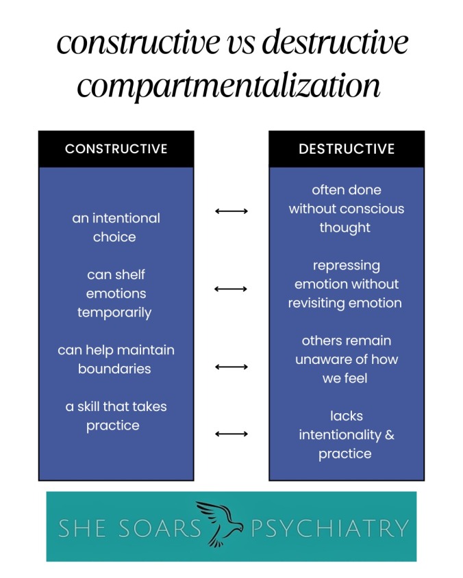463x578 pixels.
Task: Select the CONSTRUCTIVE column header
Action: point(116,148)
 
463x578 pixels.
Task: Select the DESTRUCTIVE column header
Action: point(347,148)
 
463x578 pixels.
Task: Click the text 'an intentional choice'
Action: point(116,228)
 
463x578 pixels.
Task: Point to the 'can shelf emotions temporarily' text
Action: point(116,293)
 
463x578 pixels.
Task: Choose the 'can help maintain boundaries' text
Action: point(116,359)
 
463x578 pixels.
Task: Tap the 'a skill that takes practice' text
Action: point(116,416)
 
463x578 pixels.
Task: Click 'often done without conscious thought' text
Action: point(347,209)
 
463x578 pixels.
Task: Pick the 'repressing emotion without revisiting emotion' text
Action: point(347,284)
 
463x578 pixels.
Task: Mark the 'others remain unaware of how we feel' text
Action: point(347,359)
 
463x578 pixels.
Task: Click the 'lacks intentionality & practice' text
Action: point(347,434)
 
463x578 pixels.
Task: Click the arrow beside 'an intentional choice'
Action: point(231,211)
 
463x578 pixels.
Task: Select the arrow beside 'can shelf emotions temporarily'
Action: point(231,289)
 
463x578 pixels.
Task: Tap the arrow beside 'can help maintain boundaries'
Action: point(231,367)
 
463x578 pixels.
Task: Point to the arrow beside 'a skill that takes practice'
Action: point(231,433)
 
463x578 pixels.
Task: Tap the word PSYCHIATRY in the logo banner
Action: point(329,528)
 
